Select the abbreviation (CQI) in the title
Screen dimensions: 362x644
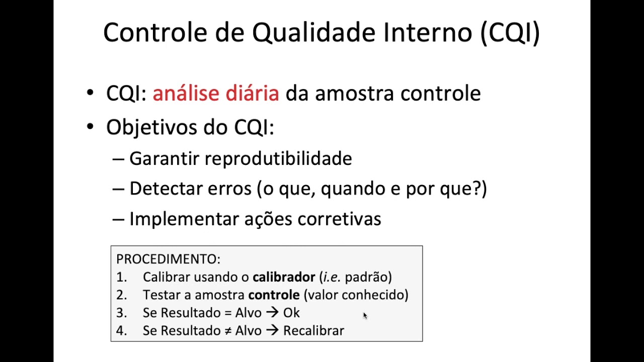pos(510,33)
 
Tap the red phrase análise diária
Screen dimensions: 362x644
pos(215,94)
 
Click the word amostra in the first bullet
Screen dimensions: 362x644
pos(355,94)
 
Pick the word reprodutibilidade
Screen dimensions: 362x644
pos(278,158)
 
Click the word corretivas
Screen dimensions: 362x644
pos(339,219)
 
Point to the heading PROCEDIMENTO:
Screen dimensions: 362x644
pos(168,259)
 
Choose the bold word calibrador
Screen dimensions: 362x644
pos(284,277)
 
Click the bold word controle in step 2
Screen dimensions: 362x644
pos(274,295)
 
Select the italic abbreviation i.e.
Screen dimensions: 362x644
pos(332,277)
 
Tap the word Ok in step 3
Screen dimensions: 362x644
pos(291,313)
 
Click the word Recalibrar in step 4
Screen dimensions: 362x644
pos(313,330)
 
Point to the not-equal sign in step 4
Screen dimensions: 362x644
pos(228,331)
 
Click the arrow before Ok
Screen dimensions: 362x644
pos(272,313)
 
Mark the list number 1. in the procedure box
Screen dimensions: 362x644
pos(121,277)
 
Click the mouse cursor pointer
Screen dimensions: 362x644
pos(365,316)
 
